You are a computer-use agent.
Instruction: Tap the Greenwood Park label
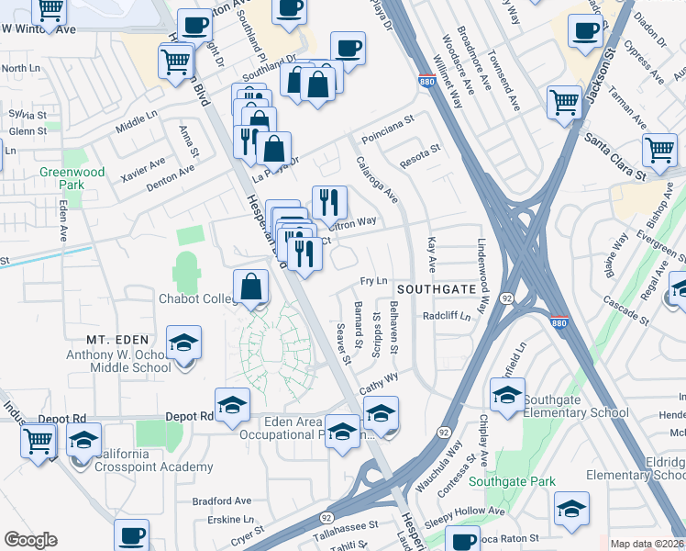point(72,178)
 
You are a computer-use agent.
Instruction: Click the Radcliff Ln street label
point(446,316)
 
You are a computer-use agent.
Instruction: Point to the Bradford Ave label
point(221,501)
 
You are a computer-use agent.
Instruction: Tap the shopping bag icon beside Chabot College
point(251,287)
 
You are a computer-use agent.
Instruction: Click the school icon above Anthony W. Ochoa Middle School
point(183,343)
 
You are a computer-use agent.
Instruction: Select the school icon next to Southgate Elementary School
point(506,395)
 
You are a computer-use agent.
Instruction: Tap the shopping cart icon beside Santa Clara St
point(659,150)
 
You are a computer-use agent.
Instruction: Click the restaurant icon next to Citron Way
point(329,202)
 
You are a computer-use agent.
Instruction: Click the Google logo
point(31,540)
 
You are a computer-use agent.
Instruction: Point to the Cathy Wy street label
point(379,384)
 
